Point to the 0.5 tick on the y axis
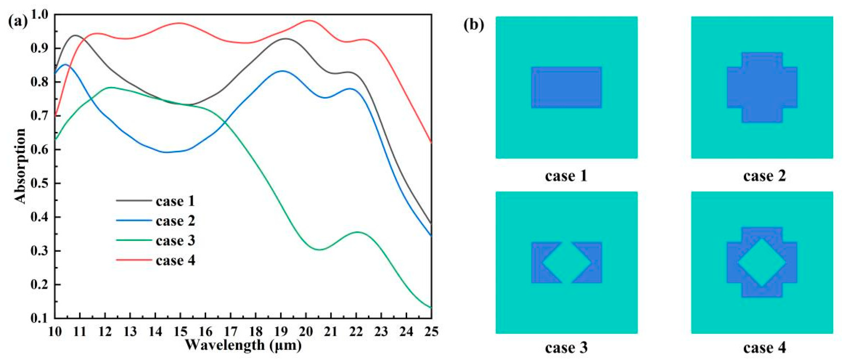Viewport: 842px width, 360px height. coord(38,183)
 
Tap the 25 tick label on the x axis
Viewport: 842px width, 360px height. coord(431,332)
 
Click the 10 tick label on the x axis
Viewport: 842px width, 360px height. coord(55,332)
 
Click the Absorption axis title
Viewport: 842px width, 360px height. coord(20,166)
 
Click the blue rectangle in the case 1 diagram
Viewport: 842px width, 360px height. coord(566,87)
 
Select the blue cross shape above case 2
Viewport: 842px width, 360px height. coord(762,92)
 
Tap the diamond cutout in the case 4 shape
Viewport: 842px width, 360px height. coord(762,263)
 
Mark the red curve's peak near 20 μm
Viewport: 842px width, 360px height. coord(309,20)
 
